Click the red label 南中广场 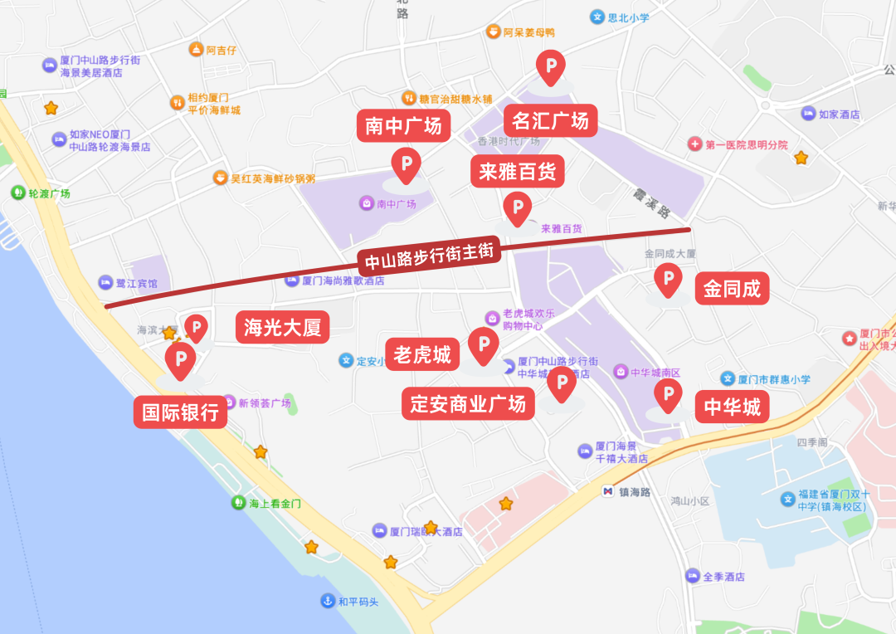pos(403,126)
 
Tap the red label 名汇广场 pos(550,120)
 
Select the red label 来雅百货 pos(518,172)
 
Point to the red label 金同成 pos(732,289)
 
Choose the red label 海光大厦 pos(282,328)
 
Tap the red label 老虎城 pos(422,355)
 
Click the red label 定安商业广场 pos(468,404)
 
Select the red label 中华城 pos(732,407)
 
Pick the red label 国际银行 pos(180,412)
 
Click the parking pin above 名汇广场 pos(550,66)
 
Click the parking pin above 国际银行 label pos(180,359)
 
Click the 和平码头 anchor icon pos(328,602)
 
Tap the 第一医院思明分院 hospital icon pos(694,144)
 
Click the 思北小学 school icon pos(597,16)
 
